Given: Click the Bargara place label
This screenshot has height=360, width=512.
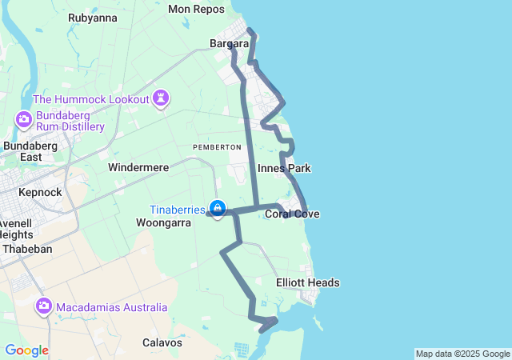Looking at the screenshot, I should point(229,43).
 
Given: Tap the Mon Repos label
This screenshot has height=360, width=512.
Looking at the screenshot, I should point(197,9).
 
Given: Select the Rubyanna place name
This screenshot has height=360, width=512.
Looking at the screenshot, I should point(93,18).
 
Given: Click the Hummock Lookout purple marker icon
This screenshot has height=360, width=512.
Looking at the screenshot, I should point(162,98).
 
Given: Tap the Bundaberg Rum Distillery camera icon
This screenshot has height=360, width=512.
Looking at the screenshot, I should point(23,120).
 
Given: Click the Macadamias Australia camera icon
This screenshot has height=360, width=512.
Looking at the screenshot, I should point(43,306).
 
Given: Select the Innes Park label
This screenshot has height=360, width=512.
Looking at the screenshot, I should point(284,168).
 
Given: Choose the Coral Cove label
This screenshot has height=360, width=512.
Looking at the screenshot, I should point(292,214).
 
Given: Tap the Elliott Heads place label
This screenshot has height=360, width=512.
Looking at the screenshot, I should point(308,282).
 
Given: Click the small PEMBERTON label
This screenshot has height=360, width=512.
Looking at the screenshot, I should point(217,147).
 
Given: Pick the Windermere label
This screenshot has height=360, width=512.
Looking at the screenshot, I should point(138,168).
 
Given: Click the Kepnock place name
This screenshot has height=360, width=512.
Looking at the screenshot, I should point(40,192).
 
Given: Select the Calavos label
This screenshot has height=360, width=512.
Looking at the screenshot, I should point(162,342).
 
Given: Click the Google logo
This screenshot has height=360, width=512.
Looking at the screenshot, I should point(26,350).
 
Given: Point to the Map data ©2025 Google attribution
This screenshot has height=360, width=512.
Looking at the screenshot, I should point(462,354).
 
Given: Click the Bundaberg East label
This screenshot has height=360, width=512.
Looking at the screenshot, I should point(33,151).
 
